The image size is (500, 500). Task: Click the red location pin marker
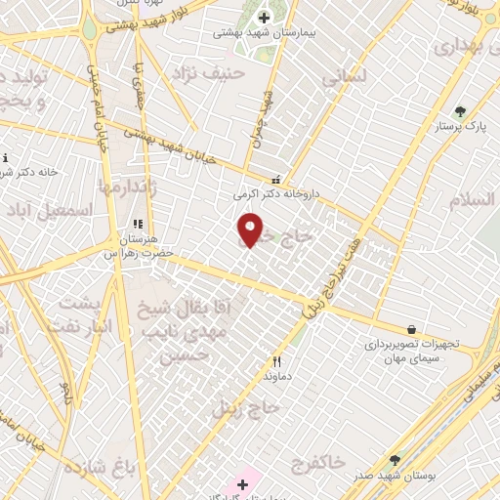[x=250, y=229]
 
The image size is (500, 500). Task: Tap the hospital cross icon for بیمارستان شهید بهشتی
[x=264, y=18]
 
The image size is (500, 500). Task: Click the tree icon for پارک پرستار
[x=460, y=111]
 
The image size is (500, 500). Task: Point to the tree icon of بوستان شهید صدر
[x=395, y=459]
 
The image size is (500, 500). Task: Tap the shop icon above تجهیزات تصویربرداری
[x=411, y=329]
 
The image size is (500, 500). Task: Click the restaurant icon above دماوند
[x=276, y=360]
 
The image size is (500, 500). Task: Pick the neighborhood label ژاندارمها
[x=123, y=186]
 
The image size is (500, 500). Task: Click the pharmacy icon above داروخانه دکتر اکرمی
[x=275, y=180]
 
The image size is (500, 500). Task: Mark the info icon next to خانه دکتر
[x=5, y=158]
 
